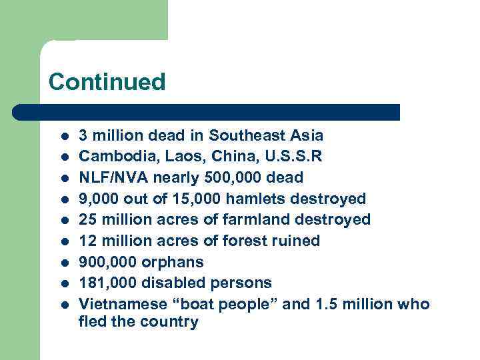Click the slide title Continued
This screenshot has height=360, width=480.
[107, 82]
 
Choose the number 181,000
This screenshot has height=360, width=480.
[107, 283]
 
